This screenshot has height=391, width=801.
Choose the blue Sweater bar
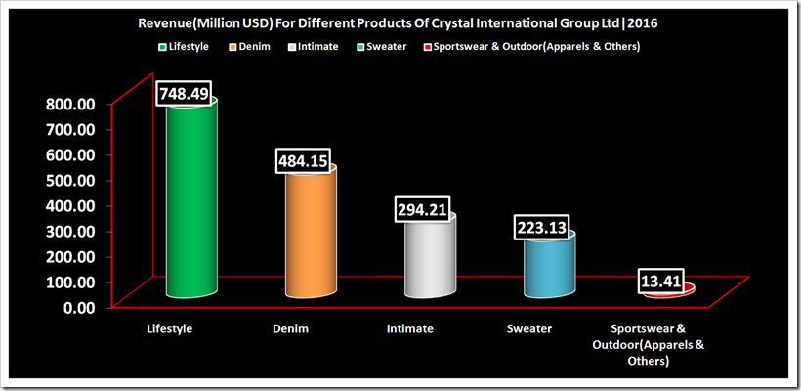coord(549,269)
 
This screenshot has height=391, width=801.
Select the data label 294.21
coord(425,209)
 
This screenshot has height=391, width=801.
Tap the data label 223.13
coord(544,228)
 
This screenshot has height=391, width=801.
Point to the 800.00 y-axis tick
coord(65,104)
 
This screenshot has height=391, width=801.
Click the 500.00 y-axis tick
coord(65,180)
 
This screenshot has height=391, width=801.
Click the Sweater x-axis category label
coord(528,329)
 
